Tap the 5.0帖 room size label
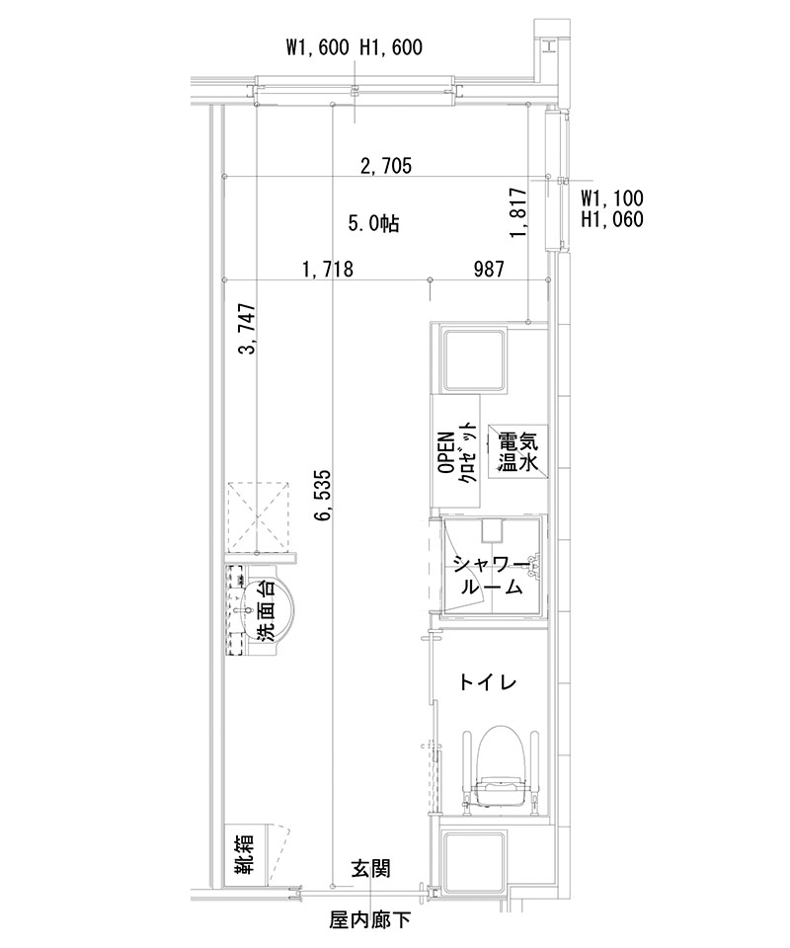point(373,224)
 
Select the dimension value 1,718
point(328,269)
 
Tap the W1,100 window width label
point(612,198)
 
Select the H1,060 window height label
point(612,219)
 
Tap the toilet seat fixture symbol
point(501,765)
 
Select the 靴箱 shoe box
point(242,854)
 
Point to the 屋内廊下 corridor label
point(368,922)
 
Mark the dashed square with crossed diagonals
point(258,515)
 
